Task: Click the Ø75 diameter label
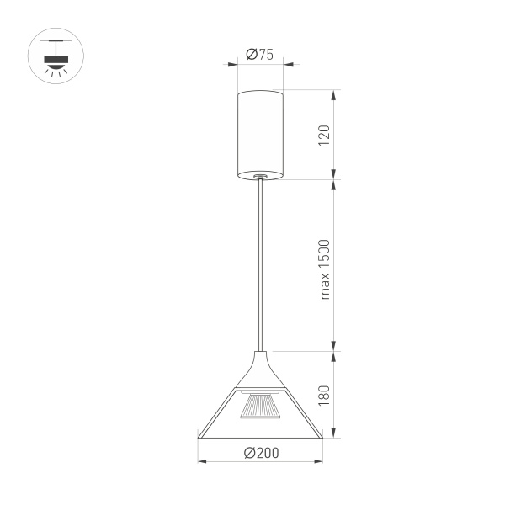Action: click(x=261, y=55)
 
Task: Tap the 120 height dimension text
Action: click(x=324, y=135)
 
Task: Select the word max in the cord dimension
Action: click(x=324, y=288)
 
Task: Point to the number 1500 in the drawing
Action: click(x=324, y=256)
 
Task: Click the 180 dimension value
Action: click(x=324, y=396)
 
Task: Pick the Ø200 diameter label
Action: click(x=261, y=453)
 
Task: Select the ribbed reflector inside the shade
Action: click(x=261, y=407)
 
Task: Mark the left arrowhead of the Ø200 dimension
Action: click(x=201, y=461)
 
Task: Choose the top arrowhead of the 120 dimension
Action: click(x=336, y=92)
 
